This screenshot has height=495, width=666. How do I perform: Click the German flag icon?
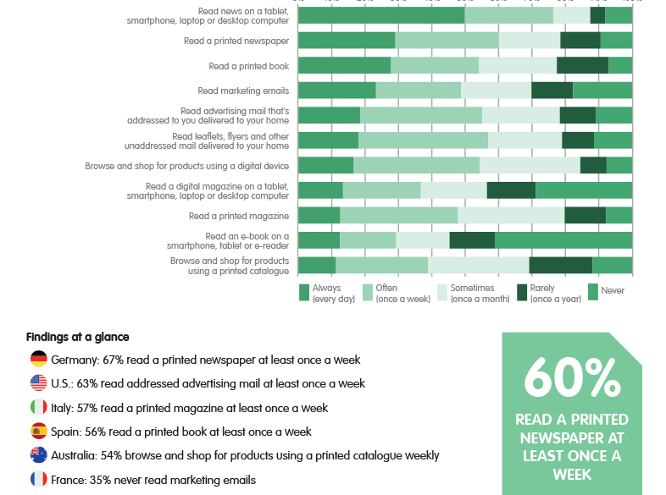38,359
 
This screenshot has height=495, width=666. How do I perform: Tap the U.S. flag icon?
38,383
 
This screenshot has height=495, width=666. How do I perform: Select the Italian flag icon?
38,407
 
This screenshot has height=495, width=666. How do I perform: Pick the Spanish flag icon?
38,432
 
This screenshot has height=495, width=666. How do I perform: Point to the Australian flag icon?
38,455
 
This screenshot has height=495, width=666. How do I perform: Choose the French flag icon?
38,480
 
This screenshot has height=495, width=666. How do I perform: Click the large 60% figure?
572,377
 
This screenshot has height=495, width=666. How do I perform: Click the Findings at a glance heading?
78,337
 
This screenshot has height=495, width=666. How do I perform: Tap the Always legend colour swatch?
304,293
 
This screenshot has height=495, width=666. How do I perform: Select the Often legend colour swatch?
368,293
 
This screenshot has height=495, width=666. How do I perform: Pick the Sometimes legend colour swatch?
441,293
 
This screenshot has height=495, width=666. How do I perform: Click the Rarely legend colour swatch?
523,293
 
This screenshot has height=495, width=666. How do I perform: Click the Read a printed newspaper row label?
236,41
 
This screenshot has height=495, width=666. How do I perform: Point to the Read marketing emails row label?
243,91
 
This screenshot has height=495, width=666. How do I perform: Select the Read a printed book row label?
249,66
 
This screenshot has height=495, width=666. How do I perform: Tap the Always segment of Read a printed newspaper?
347,41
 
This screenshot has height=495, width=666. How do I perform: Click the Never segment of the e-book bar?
563,240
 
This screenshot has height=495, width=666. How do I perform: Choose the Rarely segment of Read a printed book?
582,66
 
